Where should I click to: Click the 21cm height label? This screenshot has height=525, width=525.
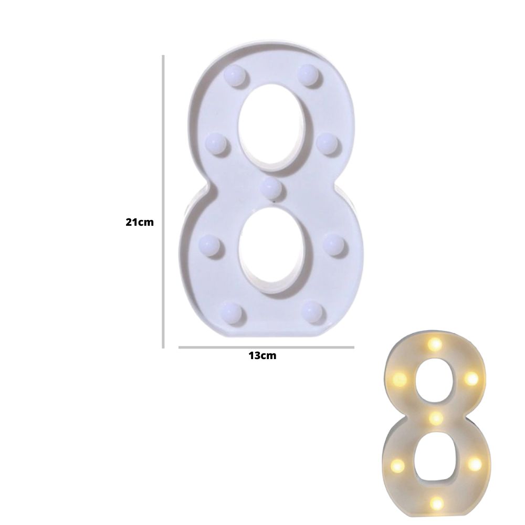coord(140,222)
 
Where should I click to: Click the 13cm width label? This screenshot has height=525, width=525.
coord(262,355)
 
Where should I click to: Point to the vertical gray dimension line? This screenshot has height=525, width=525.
coord(163,202)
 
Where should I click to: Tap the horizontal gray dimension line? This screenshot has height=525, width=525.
coord(266,347)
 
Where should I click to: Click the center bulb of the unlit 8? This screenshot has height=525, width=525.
coord(271,188)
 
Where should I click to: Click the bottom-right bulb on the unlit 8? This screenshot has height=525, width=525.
coord(312,312)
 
